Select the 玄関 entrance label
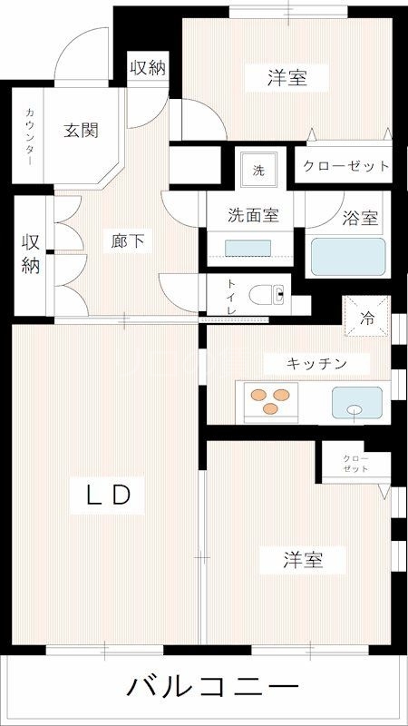coord(80,130)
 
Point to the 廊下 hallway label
coord(128,241)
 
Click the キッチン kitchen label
coord(316,363)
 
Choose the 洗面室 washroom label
coord(251,216)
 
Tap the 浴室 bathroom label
coord(361,219)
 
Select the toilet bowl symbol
coord(269,294)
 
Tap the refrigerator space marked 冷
coord(367,318)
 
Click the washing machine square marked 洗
coord(258,169)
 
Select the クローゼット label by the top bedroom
coord(345,167)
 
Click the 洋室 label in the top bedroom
coord(287,79)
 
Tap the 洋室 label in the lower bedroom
coord(300,560)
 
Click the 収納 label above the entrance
coord(148,67)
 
